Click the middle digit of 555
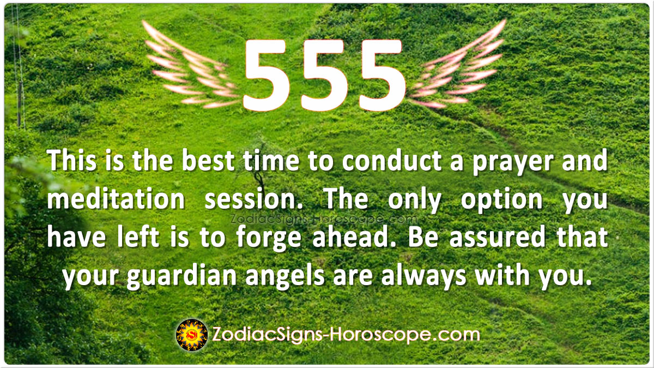(324, 76)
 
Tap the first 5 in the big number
(267, 76)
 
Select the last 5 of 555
(381, 76)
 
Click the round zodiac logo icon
(192, 335)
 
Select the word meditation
(116, 199)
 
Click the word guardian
(181, 276)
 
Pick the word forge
(268, 238)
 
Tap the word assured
(497, 238)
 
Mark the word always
(423, 276)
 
